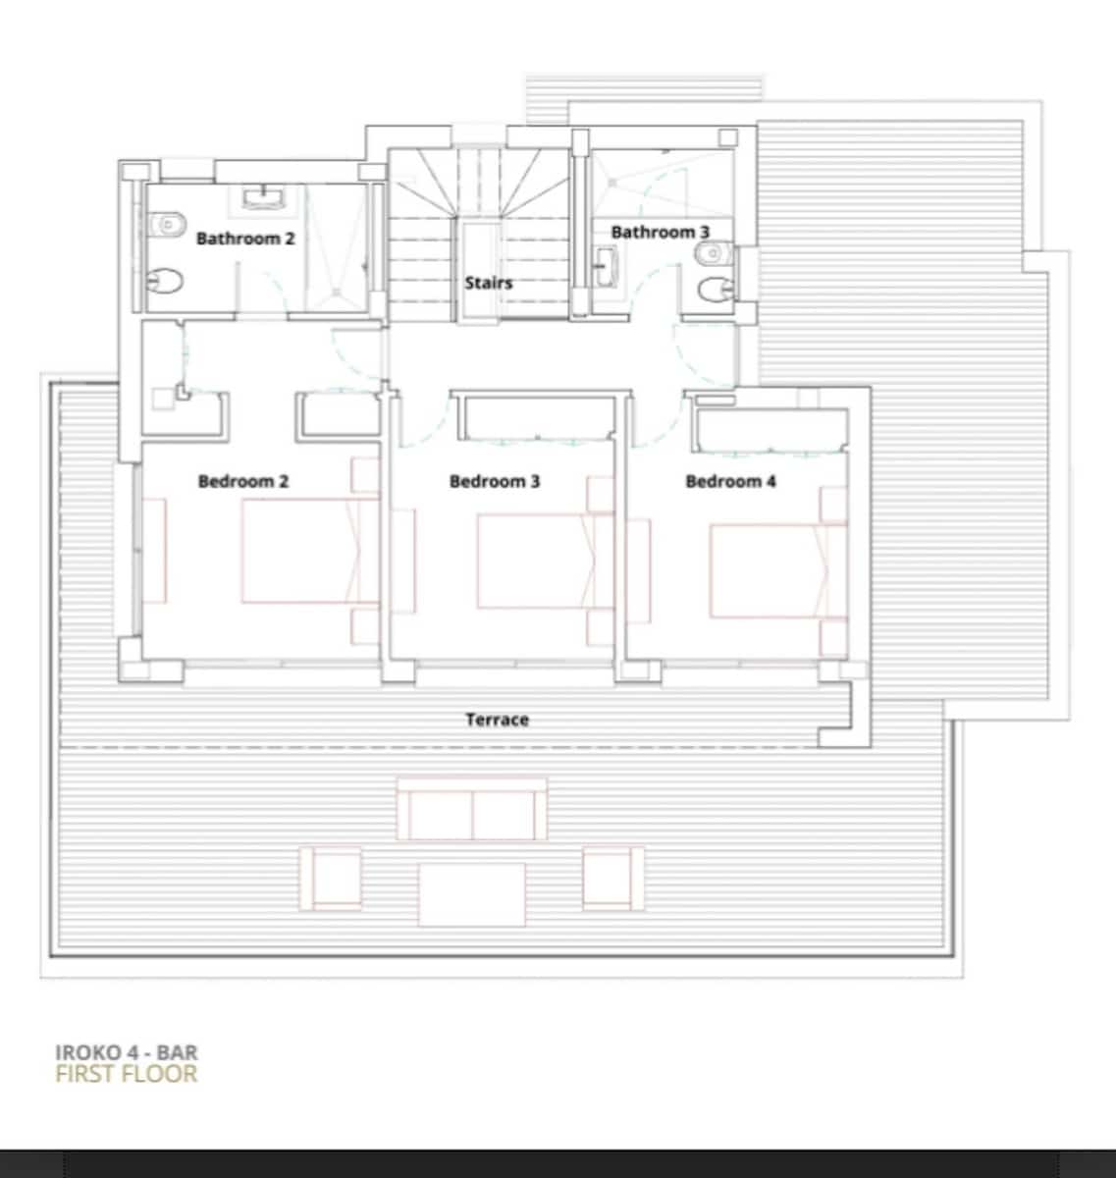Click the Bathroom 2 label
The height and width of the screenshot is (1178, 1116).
[245, 238]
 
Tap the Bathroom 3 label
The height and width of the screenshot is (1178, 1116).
[660, 232]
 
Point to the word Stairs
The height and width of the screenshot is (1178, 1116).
[489, 283]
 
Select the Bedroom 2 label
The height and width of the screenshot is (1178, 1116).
[243, 481]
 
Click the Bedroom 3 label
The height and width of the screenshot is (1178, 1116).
[495, 481]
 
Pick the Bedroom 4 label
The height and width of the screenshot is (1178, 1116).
[730, 481]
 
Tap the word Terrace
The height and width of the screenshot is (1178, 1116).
[497, 720]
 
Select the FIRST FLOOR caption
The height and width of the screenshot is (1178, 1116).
[127, 1074]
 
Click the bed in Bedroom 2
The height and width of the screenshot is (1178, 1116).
[309, 551]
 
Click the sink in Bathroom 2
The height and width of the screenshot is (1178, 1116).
[264, 199]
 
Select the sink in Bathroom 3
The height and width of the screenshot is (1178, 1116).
[608, 266]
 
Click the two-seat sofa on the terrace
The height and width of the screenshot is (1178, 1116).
[472, 810]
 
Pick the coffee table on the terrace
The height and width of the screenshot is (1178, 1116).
[472, 893]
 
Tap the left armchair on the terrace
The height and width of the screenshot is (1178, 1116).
[331, 878]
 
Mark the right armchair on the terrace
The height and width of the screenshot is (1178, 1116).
[613, 878]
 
